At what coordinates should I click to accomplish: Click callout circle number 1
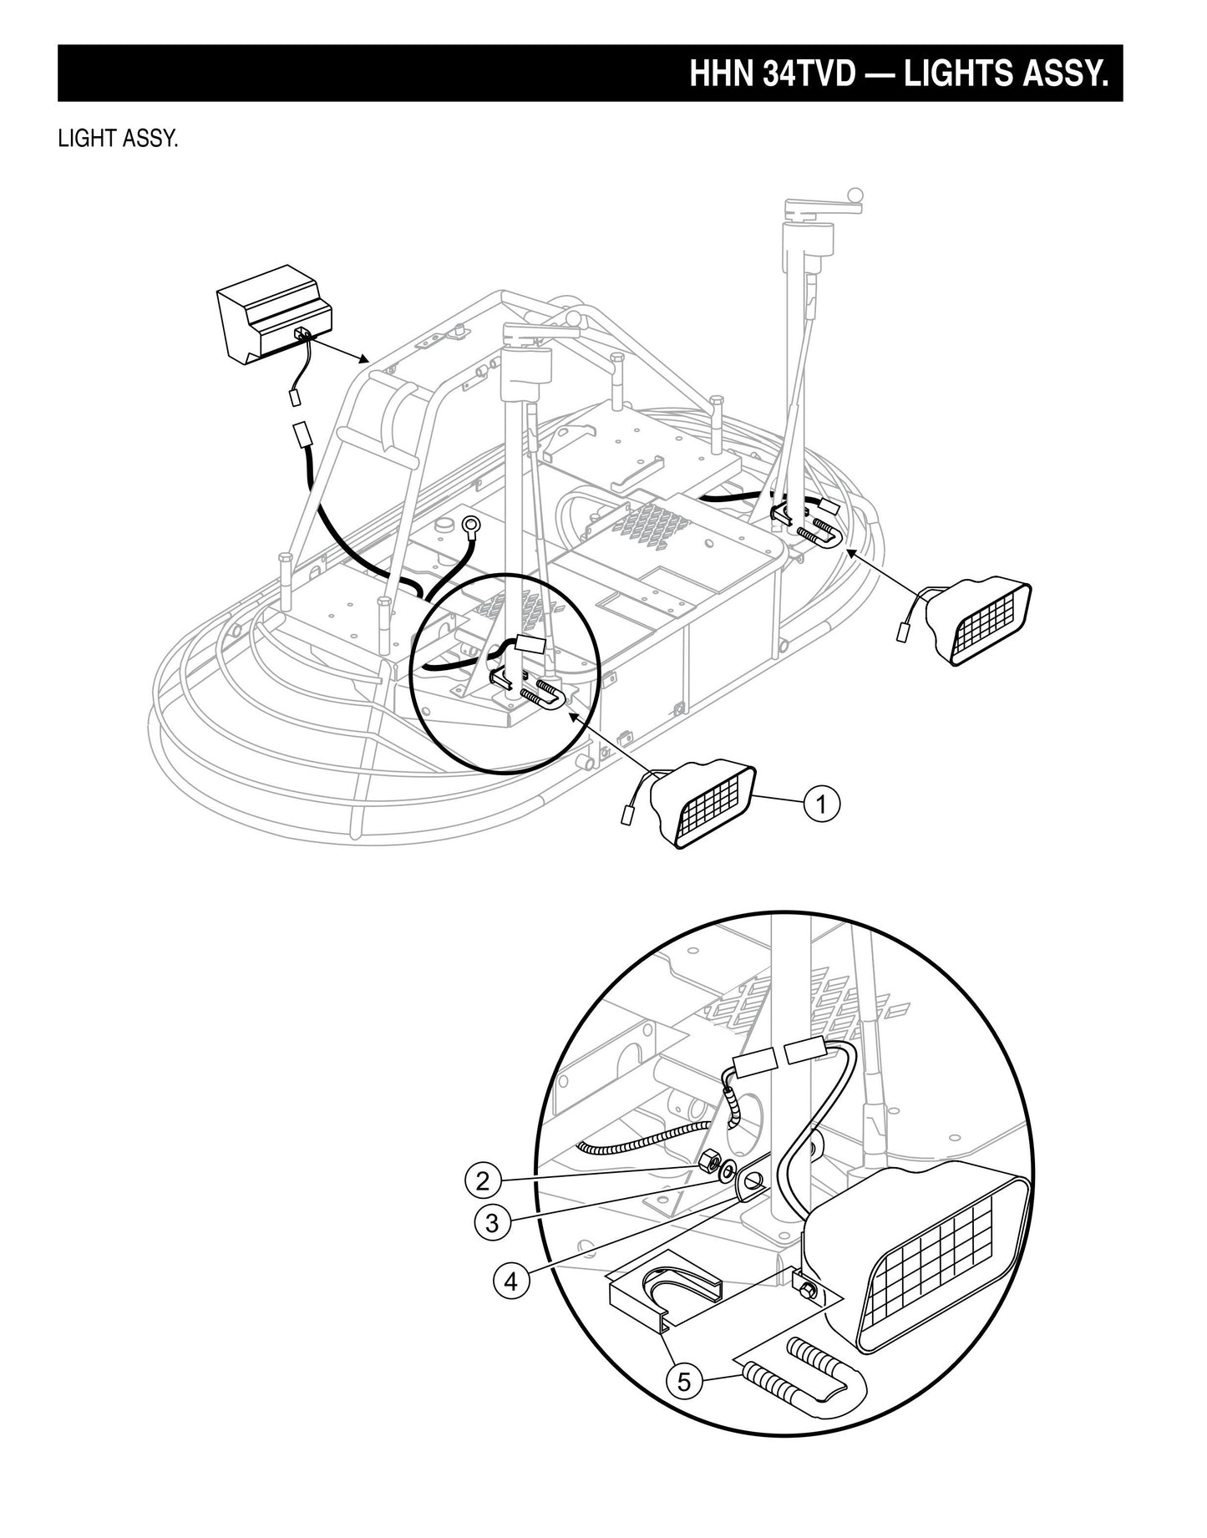coord(822,805)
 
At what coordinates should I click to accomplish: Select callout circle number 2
coord(483,1181)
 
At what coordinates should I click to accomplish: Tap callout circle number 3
coord(492,1223)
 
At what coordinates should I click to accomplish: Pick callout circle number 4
coord(511,1281)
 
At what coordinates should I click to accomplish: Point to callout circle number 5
coord(684,1381)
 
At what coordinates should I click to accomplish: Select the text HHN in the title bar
coord(723,74)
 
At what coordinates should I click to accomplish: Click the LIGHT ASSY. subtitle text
coord(118,139)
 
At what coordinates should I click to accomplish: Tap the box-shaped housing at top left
coord(273,324)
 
